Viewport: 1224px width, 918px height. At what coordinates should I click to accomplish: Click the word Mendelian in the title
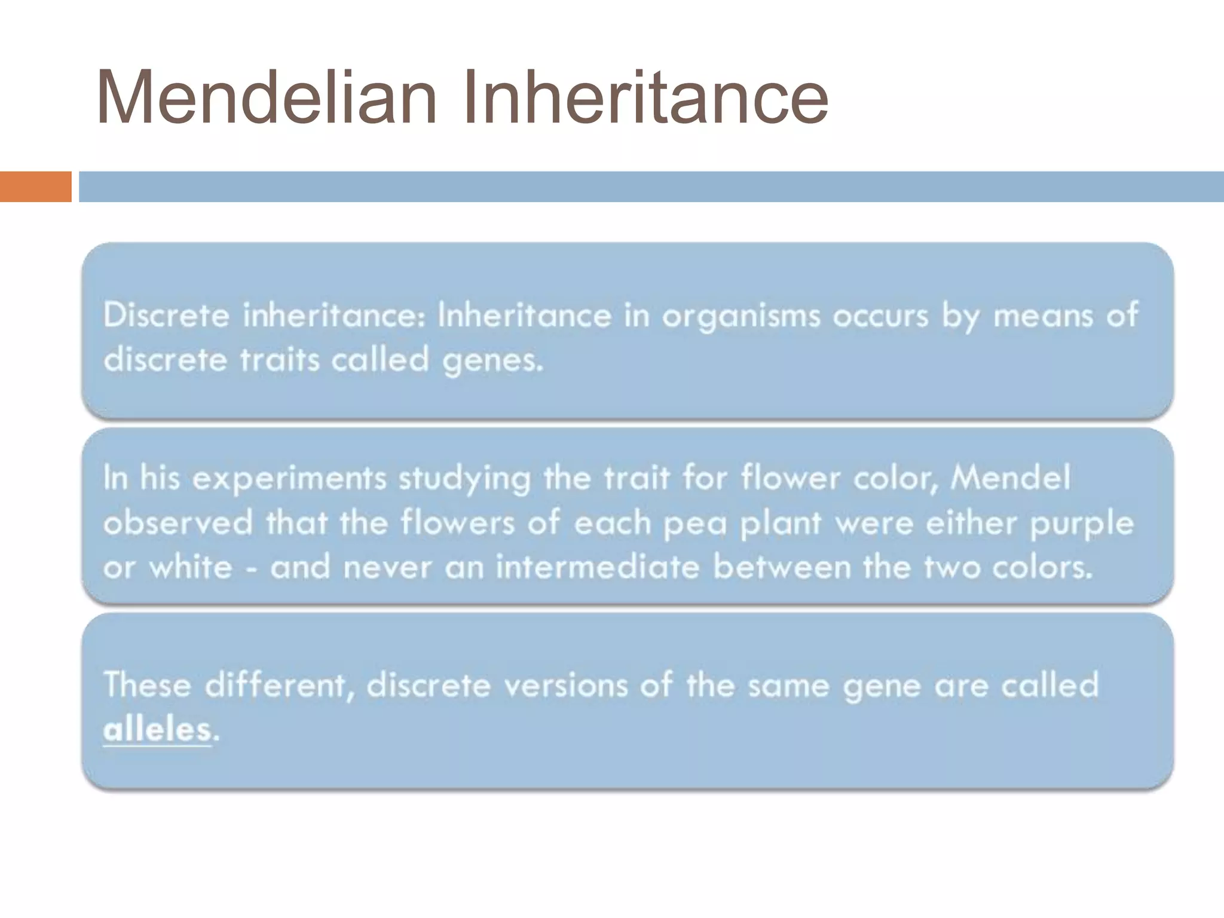267,97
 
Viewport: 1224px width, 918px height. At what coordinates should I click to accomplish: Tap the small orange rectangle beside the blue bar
35,186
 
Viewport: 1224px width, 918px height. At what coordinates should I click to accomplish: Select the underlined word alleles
157,729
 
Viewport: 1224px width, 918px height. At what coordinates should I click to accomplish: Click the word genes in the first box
492,360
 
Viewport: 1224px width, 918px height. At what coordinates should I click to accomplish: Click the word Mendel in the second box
1010,478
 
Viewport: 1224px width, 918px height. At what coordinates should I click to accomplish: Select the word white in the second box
191,567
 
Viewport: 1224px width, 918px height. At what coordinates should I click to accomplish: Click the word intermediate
598,567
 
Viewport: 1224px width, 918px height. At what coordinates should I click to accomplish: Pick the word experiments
289,479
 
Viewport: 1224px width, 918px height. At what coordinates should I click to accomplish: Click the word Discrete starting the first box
166,315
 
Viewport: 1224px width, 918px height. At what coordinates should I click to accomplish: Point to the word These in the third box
147,684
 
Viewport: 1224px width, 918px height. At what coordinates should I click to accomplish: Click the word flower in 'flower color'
790,478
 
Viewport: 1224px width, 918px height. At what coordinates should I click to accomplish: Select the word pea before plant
695,524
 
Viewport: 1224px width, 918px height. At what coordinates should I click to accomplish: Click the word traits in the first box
280,360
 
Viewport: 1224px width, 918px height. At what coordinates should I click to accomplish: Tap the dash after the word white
252,568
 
